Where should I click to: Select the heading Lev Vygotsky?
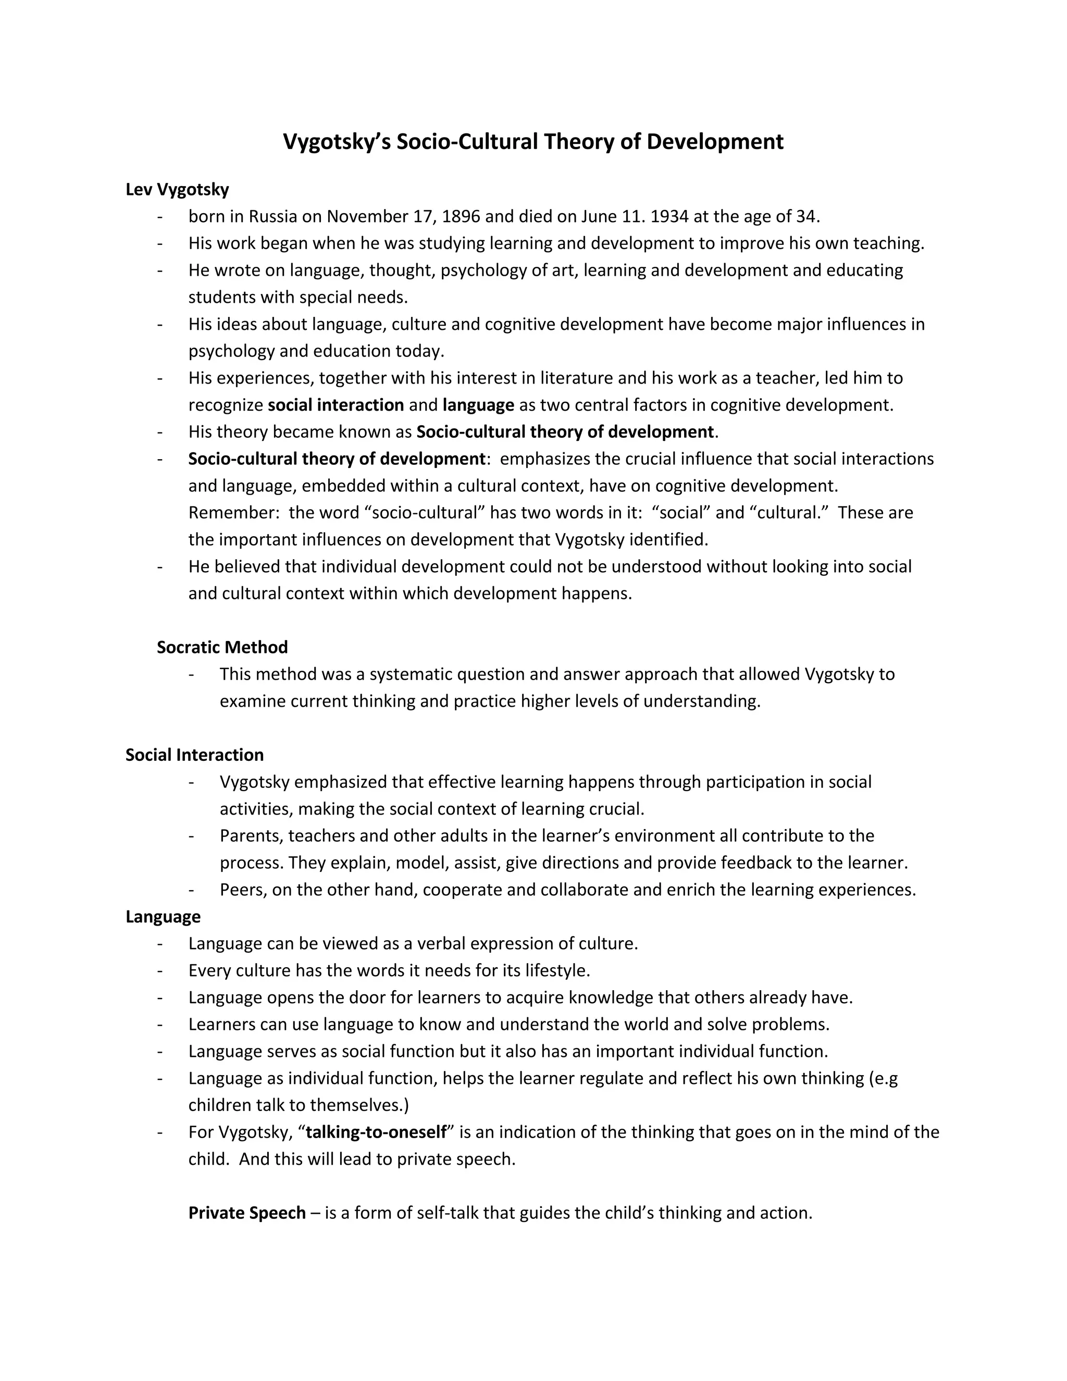click(x=177, y=189)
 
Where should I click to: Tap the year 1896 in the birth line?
click(x=461, y=216)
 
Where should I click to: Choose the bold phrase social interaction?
click(x=336, y=405)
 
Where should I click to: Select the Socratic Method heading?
click(x=222, y=647)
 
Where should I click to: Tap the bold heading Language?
click(x=163, y=916)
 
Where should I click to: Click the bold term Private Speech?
click(x=246, y=1213)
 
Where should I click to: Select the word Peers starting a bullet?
click(x=241, y=890)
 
